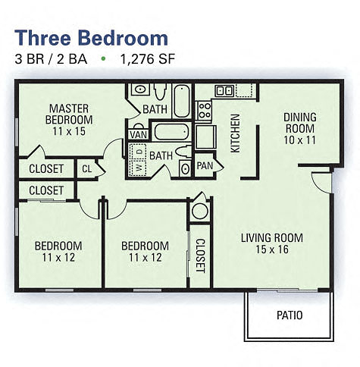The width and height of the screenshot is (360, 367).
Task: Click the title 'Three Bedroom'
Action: point(91,37)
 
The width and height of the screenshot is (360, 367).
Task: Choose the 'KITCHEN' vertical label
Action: point(235,133)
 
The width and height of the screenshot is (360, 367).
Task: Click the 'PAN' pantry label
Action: point(205,165)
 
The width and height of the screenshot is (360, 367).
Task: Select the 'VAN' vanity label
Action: point(138,135)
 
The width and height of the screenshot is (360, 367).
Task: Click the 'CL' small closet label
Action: point(87,168)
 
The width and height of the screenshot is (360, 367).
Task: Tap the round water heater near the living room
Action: point(199,209)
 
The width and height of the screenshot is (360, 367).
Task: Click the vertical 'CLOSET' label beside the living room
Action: point(200,255)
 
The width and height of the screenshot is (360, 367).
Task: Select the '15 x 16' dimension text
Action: point(271,249)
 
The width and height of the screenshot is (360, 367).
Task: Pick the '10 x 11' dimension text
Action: point(299,140)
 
